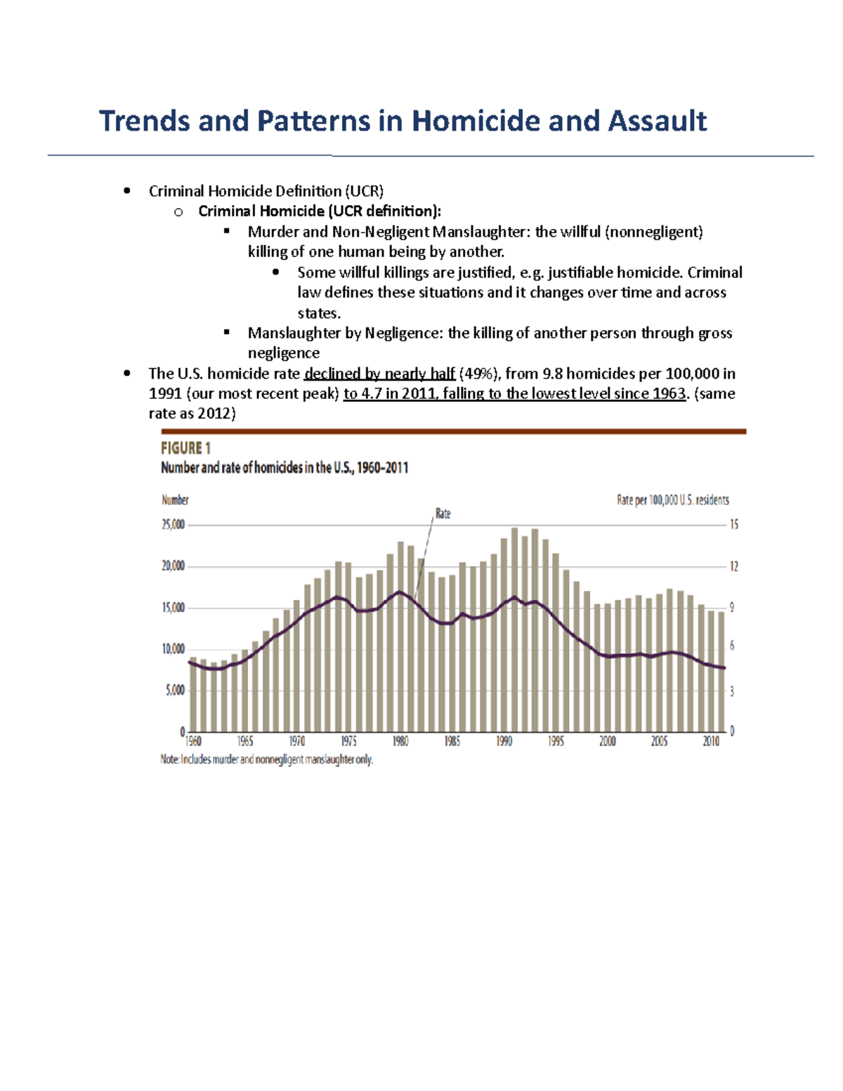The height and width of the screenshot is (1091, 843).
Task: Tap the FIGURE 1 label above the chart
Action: coord(185,448)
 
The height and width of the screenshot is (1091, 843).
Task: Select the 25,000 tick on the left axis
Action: coord(173,525)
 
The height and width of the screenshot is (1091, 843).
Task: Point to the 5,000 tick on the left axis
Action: coord(175,691)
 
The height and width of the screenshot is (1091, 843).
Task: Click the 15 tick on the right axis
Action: coord(733,525)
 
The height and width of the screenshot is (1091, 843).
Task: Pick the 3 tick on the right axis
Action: coord(732,691)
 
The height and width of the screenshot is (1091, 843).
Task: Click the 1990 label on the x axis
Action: coord(504,741)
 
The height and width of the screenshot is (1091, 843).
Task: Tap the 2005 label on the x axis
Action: coord(659,741)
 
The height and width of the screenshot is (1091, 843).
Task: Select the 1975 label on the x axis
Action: coord(348,741)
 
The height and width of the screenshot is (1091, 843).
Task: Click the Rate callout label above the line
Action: coord(443,514)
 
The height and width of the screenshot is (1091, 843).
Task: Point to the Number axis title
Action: coord(175,500)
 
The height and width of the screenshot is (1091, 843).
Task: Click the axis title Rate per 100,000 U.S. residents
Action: coord(672,500)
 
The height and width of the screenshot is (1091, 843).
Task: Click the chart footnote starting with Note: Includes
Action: coord(267,759)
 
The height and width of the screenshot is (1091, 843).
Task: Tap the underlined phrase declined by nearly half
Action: coord(379,374)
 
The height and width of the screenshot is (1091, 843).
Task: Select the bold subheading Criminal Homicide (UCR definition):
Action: coord(320,211)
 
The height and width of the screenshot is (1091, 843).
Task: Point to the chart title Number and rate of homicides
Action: coord(285,468)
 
